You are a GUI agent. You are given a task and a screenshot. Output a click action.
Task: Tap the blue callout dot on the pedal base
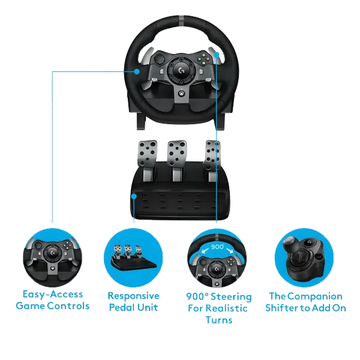133,196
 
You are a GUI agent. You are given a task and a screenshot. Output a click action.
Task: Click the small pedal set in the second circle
134,257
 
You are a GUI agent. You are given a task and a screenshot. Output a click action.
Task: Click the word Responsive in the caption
133,296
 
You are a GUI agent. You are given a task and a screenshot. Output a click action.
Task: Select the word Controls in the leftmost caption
70,306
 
